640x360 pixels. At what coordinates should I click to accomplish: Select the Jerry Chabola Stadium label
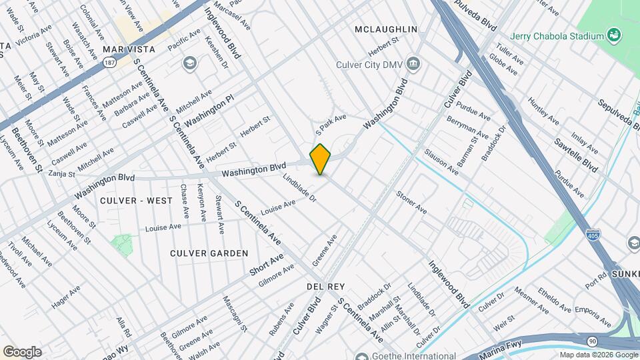[x=557, y=35]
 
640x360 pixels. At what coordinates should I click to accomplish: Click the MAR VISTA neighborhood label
[x=129, y=49]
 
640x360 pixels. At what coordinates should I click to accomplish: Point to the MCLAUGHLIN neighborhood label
[x=386, y=29]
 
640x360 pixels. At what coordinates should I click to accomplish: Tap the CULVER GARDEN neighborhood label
[x=209, y=253]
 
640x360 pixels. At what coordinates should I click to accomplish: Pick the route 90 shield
[x=593, y=341]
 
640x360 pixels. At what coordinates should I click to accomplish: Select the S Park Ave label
[x=331, y=122]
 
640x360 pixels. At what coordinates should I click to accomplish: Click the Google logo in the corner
[x=21, y=352]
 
